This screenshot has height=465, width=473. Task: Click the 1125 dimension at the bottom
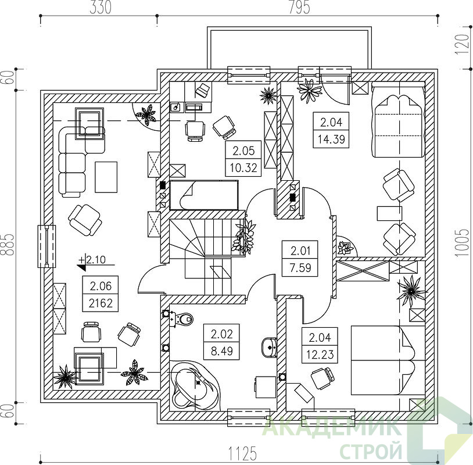click(x=242, y=453)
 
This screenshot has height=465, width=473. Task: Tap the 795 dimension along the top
click(x=299, y=8)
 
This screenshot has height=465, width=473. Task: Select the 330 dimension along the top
click(x=101, y=8)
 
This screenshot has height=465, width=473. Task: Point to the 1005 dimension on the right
click(x=463, y=243)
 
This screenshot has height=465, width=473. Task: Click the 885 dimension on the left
click(x=8, y=245)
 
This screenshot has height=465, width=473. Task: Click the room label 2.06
click(x=101, y=286)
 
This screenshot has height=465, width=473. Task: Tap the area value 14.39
click(x=331, y=139)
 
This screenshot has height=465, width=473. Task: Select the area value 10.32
click(x=243, y=167)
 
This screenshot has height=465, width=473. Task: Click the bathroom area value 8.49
click(x=222, y=351)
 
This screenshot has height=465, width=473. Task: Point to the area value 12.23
click(x=320, y=354)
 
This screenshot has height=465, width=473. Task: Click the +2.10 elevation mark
click(x=92, y=259)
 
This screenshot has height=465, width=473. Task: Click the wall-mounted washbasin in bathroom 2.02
click(x=270, y=348)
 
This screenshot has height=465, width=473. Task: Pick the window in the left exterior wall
click(x=46, y=246)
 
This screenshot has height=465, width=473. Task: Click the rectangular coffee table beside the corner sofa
click(x=106, y=177)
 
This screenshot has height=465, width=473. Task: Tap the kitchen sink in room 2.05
click(x=175, y=107)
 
